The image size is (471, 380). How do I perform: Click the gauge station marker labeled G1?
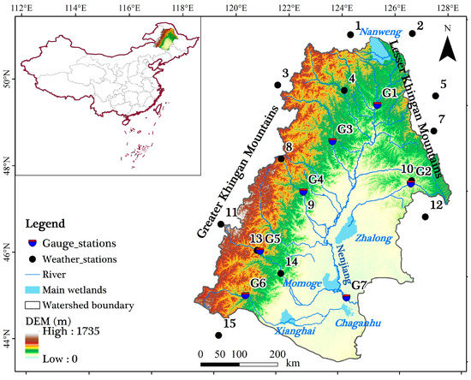(x=377, y=104)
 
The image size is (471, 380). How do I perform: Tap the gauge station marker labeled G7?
(x=346, y=297)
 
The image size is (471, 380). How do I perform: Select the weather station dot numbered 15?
(x=218, y=335)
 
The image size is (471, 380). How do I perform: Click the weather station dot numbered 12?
(x=425, y=217)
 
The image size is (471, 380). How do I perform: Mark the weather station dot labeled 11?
(x=221, y=224)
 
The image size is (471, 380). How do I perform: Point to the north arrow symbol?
(x=447, y=46)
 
